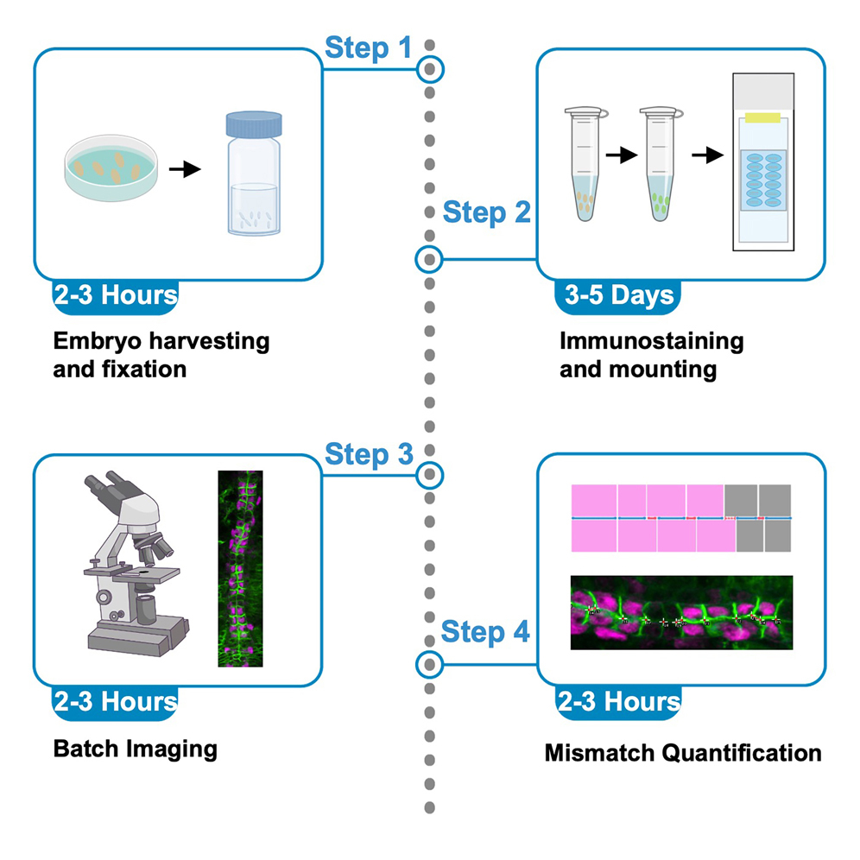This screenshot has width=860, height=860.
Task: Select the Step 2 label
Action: (486, 212)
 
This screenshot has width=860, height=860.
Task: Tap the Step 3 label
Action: (368, 453)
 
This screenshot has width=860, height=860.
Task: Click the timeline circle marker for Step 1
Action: (429, 68)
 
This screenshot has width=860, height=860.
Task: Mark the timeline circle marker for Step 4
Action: (429, 665)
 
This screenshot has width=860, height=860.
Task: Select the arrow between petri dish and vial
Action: (184, 169)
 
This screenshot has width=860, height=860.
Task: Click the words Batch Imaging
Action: (135, 748)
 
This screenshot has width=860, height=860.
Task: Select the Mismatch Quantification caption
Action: (682, 753)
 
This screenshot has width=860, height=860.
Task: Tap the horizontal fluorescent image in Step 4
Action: (680, 613)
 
